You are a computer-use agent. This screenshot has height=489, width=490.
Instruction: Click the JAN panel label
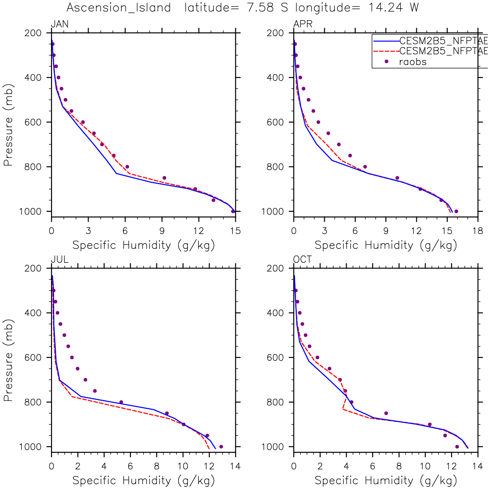60,24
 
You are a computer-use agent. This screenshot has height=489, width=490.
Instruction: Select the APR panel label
303,24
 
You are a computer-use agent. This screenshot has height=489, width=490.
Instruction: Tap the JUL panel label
60,260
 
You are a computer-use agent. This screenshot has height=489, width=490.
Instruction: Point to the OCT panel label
303,260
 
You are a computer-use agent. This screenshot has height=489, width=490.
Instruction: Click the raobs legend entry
412,62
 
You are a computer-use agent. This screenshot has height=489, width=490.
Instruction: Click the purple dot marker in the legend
386,61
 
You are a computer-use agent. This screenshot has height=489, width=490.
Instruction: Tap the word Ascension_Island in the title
119,8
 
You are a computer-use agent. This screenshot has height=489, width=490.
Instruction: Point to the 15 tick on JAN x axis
235,231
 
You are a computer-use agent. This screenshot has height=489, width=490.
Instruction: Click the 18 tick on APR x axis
478,231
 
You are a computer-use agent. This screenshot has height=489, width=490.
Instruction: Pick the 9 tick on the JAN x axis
162,231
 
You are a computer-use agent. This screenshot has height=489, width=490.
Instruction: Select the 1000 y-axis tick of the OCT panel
275,447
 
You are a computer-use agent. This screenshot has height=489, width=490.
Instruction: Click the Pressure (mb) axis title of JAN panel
8,122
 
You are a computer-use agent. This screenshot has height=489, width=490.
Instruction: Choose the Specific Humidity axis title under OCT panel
385,480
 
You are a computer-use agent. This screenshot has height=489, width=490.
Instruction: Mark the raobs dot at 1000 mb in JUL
221,446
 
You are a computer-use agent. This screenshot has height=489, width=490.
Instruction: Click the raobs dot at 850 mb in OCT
386,413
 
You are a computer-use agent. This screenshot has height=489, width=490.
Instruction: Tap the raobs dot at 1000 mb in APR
456,211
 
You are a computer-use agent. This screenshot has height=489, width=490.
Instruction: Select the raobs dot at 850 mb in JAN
164,178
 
